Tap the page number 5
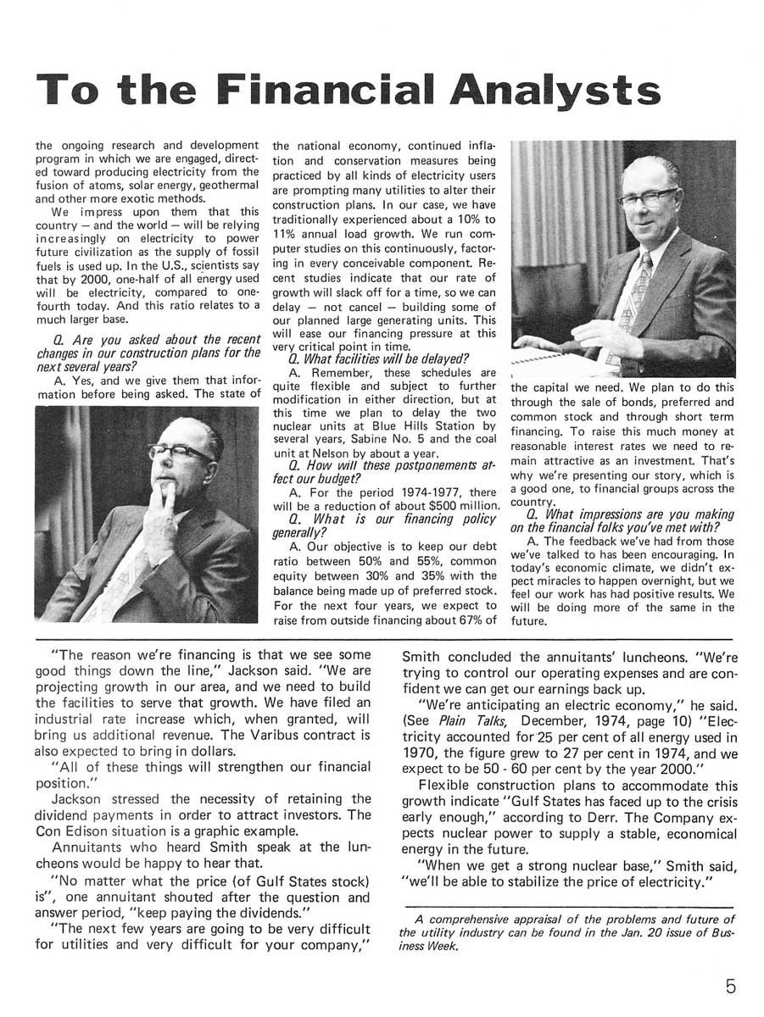coord(731,986)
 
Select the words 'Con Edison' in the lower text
coord(70,830)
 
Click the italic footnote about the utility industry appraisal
coord(566,933)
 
